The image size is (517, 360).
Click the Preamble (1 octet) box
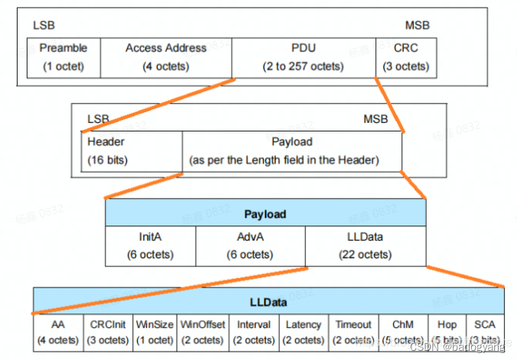point(63,57)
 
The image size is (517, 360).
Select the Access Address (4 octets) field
point(166,57)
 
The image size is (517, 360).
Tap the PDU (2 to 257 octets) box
point(303,57)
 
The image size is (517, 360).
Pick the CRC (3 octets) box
point(406,57)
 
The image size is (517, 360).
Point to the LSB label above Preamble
point(44,25)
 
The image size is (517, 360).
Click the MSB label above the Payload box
point(376,119)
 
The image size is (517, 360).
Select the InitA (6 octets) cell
point(150,245)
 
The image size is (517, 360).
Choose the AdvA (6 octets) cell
point(250,245)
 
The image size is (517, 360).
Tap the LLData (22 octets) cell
point(365,245)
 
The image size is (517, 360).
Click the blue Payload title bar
point(265,213)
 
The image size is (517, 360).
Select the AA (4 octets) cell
point(58,332)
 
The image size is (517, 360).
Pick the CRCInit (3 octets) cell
point(107,332)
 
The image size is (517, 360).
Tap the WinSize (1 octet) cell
point(154,332)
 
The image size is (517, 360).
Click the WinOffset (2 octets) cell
point(203,332)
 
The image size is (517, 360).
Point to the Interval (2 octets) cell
point(253,332)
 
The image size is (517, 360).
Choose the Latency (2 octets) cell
point(304,332)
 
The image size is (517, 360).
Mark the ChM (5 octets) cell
point(402,332)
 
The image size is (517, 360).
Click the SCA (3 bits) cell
point(483,332)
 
